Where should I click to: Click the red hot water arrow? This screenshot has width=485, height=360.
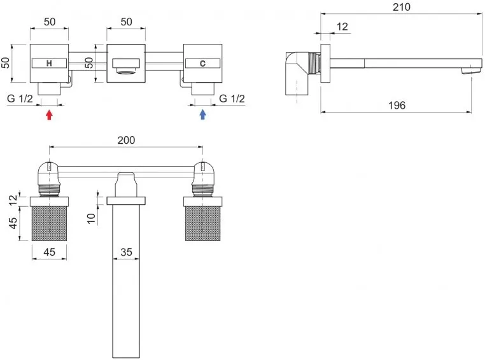(x=49, y=115)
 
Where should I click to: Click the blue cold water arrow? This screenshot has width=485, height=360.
(x=202, y=114)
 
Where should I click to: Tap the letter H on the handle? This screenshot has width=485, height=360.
(x=49, y=64)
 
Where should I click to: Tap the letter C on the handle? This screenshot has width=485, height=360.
(x=202, y=64)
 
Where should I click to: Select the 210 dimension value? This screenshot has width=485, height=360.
(x=402, y=7)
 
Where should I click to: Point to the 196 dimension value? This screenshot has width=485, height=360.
(x=397, y=106)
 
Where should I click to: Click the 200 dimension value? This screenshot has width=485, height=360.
(x=126, y=140)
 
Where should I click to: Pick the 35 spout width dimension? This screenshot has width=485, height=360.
(x=126, y=252)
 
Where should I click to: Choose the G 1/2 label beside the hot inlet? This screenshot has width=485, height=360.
(x=20, y=99)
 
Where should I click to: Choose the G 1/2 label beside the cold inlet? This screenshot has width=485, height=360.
(x=232, y=99)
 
